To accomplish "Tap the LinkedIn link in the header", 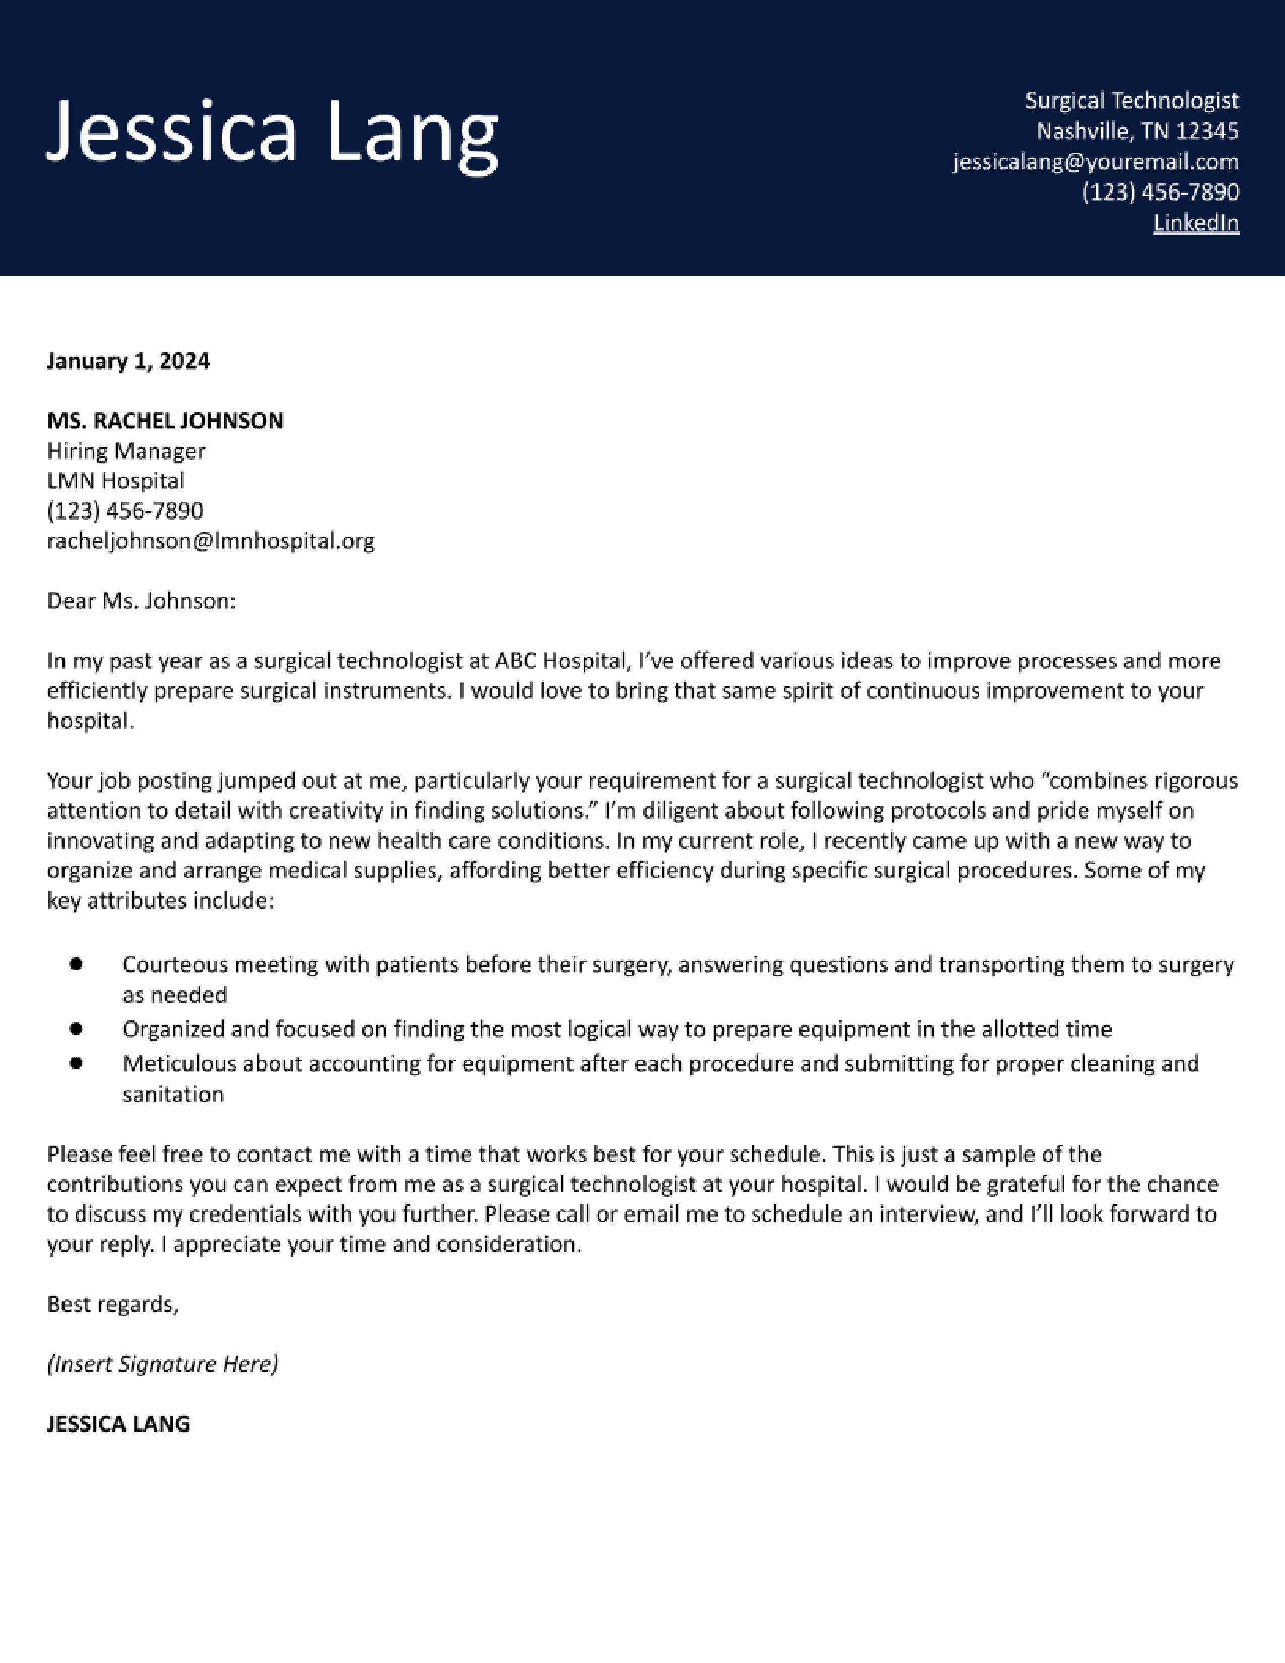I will click(1195, 223).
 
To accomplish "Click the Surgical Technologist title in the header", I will click(1131, 100).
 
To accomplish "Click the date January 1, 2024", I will click(128, 361).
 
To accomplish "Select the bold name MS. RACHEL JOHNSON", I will click(165, 421).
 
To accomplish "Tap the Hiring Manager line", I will click(125, 452).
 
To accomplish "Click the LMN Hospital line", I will click(116, 481).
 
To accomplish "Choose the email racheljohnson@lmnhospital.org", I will click(211, 541).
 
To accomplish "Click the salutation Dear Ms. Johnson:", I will click(142, 602).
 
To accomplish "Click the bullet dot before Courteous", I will click(76, 964).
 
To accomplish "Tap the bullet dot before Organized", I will click(76, 1029).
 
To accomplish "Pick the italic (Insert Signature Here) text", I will click(162, 1364).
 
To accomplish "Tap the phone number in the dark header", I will click(1160, 193).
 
